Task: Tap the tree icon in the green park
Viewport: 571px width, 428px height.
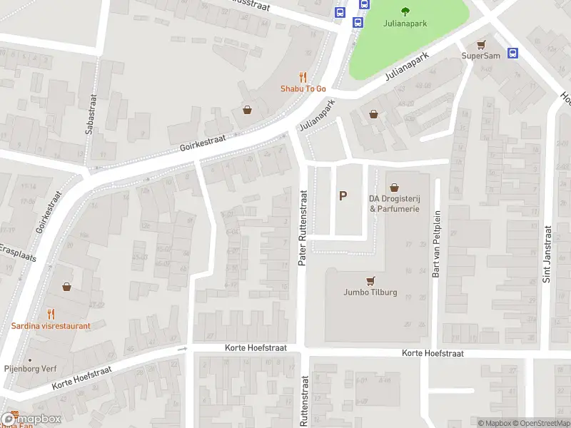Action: pyautogui.click(x=405, y=10)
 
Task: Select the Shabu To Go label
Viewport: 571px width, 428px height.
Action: pyautogui.click(x=303, y=88)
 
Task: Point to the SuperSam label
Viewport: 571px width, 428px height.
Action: pyautogui.click(x=481, y=56)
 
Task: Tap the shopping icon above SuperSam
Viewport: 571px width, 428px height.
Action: pyautogui.click(x=481, y=44)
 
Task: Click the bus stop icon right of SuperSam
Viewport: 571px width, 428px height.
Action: pyautogui.click(x=512, y=53)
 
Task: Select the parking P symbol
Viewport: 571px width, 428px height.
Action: pyautogui.click(x=343, y=195)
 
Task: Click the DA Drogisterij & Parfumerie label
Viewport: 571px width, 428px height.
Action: pyautogui.click(x=394, y=203)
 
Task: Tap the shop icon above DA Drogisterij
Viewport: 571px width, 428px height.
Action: pyautogui.click(x=394, y=186)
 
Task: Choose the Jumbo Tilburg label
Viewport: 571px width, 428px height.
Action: pyautogui.click(x=370, y=292)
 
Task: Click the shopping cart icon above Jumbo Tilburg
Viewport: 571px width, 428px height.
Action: pyautogui.click(x=370, y=280)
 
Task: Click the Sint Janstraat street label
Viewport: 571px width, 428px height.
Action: pyautogui.click(x=547, y=255)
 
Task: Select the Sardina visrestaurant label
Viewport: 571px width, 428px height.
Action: pyautogui.click(x=51, y=326)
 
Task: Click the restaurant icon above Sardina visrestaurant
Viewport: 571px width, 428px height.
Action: pyautogui.click(x=51, y=313)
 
